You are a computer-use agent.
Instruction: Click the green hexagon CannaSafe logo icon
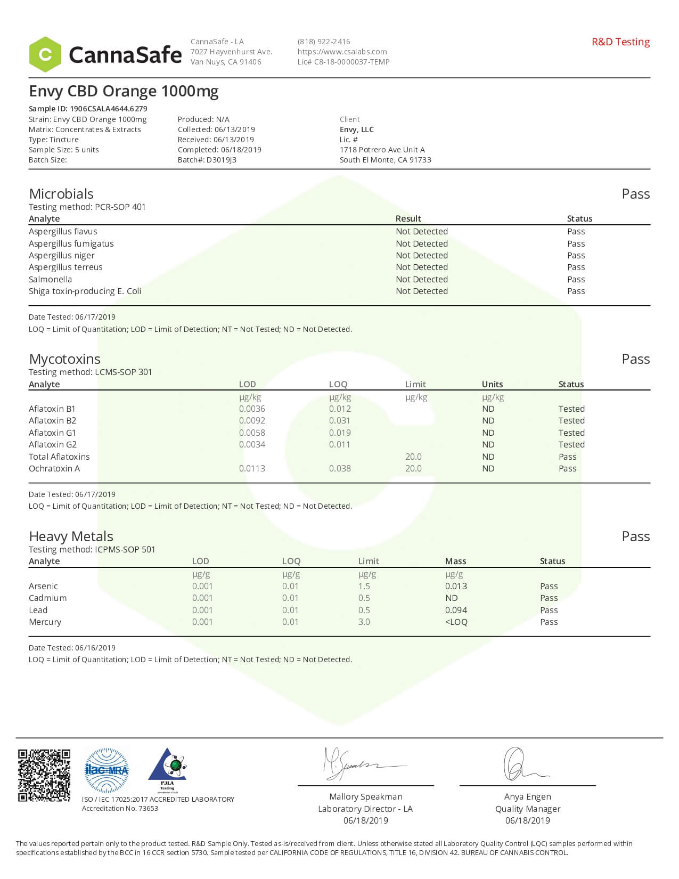point(45,54)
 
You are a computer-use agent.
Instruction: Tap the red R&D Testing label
point(620,42)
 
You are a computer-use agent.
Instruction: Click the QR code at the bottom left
point(44,775)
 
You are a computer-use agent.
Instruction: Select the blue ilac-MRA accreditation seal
point(107,770)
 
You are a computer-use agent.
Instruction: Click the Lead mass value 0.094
point(456,610)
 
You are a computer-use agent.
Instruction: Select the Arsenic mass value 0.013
point(456,586)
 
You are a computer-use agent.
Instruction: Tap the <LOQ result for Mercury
point(456,622)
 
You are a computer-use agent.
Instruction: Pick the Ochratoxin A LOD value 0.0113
point(252,468)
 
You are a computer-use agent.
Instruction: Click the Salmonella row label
point(50,279)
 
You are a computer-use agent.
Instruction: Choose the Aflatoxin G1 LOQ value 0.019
point(340,433)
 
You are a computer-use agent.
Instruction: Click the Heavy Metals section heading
point(71,536)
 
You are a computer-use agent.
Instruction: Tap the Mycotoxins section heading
point(64,359)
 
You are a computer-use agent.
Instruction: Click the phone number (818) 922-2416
point(324,42)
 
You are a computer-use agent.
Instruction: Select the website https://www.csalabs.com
point(342,52)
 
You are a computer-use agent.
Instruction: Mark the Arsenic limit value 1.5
point(364,586)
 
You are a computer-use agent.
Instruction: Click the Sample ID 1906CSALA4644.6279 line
point(88,109)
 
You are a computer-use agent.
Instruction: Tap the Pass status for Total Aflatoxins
point(567,457)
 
